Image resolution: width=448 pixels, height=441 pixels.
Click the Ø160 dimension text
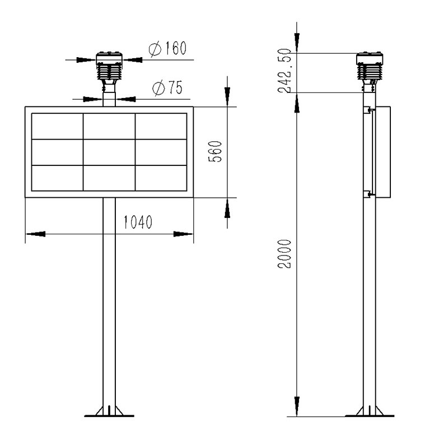pos(167,50)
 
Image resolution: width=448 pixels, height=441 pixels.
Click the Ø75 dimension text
pos(166,88)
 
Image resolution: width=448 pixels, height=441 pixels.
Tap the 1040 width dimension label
pos(138,222)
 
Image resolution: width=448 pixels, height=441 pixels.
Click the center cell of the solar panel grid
pos(109,151)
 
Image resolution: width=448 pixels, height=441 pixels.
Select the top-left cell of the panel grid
pos(57,126)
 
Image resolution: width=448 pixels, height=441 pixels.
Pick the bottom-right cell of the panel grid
pos(161,178)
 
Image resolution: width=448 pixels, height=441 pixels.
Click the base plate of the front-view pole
pos(109,414)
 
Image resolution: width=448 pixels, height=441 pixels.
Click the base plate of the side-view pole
pos(369,414)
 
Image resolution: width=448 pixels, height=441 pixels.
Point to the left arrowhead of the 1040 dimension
pos(35,234)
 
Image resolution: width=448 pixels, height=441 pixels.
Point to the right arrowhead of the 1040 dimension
pos(183,234)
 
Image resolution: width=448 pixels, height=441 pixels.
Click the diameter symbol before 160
pos(155,50)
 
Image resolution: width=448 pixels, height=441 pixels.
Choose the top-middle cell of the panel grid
pos(109,126)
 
